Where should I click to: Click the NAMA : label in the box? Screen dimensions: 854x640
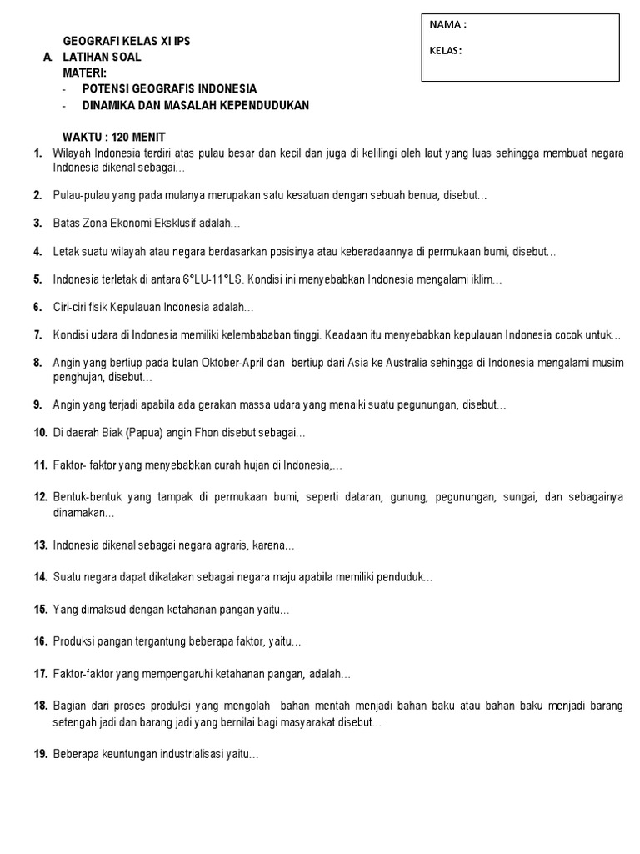[447, 25]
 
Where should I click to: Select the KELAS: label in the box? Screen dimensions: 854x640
[445, 50]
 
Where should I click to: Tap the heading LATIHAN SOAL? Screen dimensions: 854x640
[102, 58]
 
